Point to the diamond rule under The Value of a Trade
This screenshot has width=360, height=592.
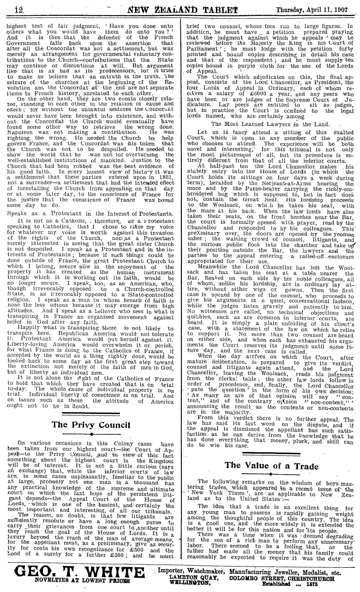pos(271,474)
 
